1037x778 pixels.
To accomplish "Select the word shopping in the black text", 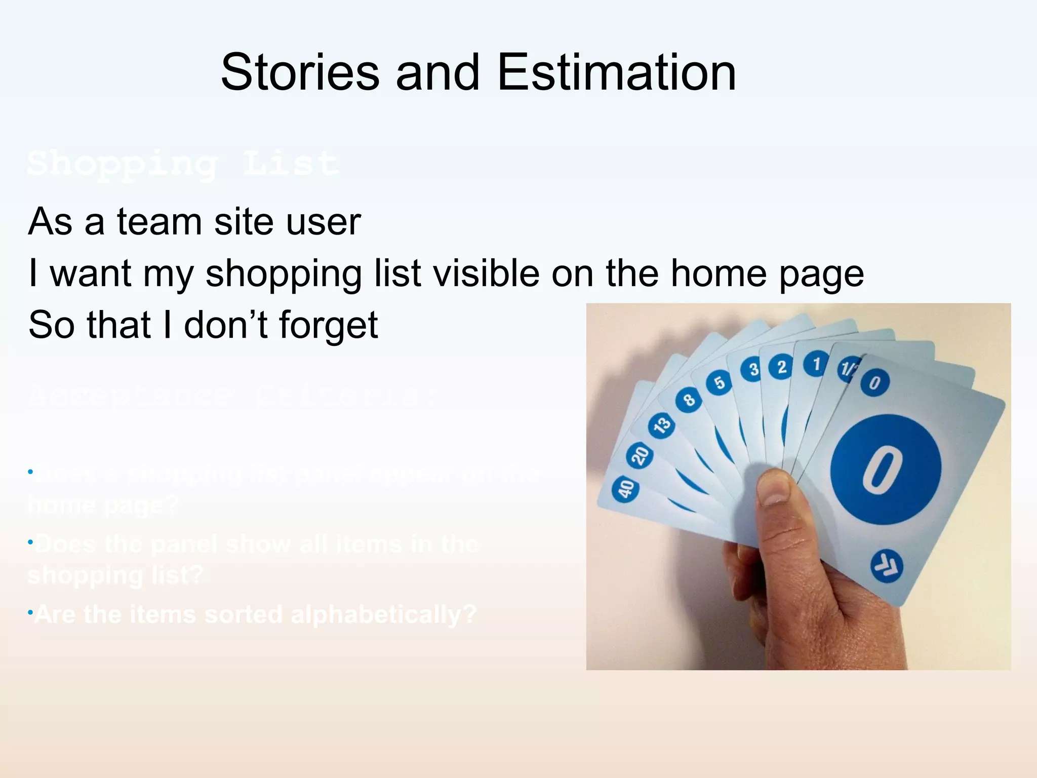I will [284, 274].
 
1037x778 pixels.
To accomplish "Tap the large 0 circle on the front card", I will [885, 469].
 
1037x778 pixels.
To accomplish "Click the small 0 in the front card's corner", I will [874, 382].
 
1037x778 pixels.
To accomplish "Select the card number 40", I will [625, 489].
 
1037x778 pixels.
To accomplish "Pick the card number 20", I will [640, 455].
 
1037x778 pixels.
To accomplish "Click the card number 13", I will [661, 424].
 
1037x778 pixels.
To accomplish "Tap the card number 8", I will [689, 400].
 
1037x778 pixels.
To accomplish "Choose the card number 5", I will [719, 382].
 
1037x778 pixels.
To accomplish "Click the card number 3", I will [753, 369].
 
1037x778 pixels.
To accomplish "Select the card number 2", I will [782, 366].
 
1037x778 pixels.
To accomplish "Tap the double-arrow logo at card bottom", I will [886, 566].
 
